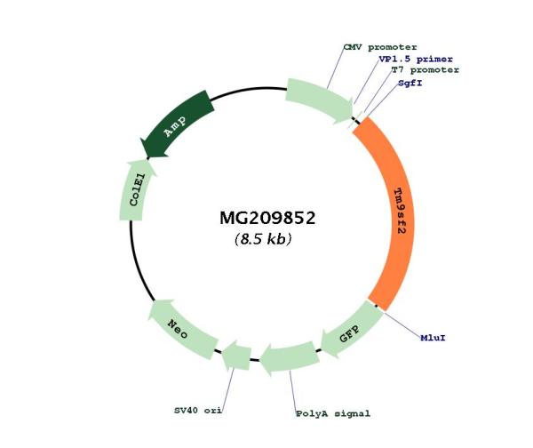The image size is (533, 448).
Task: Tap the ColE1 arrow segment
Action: point(137,189)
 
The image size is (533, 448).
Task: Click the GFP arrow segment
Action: point(347,334)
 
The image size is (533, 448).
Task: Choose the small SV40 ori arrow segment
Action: point(235,355)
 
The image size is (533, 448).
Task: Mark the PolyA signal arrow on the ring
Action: point(290,357)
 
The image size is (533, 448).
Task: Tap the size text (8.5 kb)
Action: point(264,239)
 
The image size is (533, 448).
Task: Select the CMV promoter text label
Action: point(379,46)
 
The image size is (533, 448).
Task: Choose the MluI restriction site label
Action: point(433,338)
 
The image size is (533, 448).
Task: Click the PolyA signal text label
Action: point(332,413)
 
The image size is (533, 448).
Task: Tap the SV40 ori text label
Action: point(197,412)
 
